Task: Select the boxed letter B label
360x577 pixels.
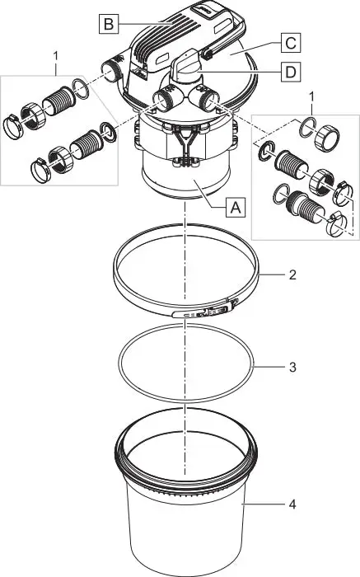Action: pos(108,23)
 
